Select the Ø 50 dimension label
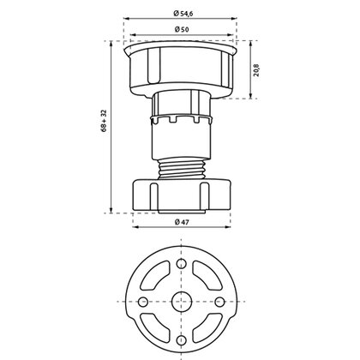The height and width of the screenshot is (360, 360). pos(182,30)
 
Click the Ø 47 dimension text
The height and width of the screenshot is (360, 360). pos(182,223)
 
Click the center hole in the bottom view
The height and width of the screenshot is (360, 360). pos(181,300)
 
